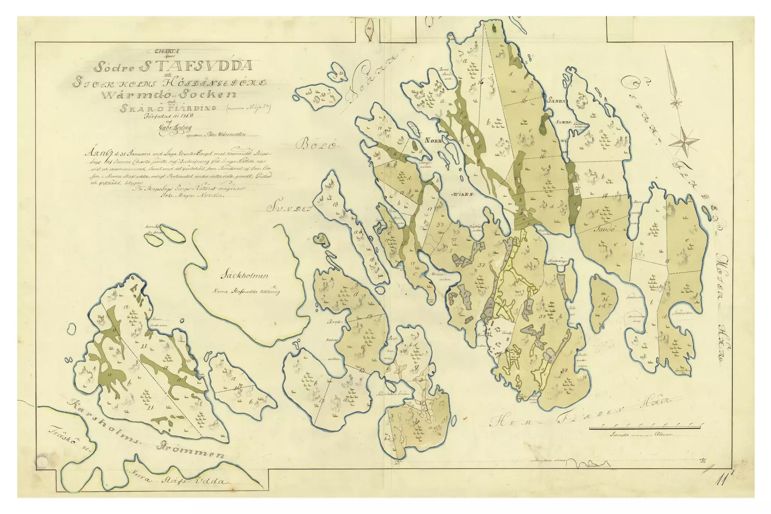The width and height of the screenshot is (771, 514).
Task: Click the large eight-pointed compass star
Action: pos(683,142)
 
